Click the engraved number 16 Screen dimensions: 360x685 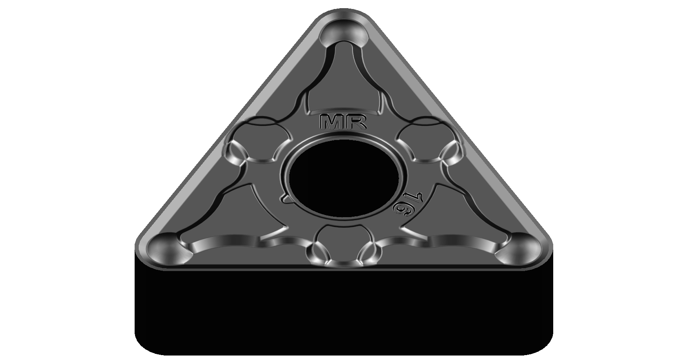(x=405, y=206)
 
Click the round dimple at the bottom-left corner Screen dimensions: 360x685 (x=165, y=247)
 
